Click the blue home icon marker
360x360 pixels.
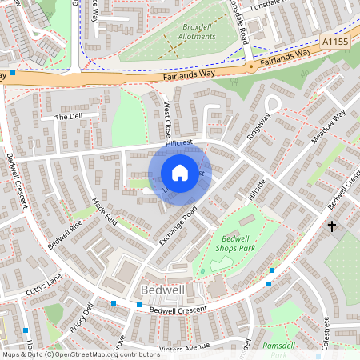click(180, 173)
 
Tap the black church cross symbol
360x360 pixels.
click(332, 227)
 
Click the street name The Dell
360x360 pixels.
click(69, 117)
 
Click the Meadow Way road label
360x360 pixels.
click(328, 126)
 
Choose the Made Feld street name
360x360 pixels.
click(106, 211)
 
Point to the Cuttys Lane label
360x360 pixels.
click(42, 281)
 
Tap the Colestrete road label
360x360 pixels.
click(326, 330)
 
